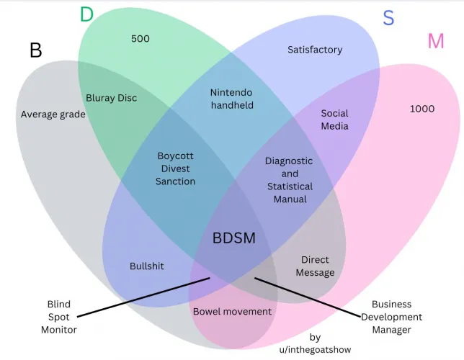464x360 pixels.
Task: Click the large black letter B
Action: point(36,50)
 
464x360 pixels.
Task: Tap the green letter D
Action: point(86,14)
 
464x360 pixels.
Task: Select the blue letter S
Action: point(388,18)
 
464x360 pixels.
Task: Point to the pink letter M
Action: point(436,42)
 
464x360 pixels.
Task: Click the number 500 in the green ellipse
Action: point(140,39)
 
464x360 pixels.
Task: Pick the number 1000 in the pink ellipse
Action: point(421,109)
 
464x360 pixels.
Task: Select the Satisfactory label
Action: point(315,50)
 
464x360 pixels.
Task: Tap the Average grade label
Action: point(53,114)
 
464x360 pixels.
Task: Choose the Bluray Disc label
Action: point(111,98)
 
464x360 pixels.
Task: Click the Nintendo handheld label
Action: point(232,99)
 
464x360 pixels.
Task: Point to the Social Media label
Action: point(334,120)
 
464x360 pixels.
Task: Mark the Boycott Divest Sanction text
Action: point(175,168)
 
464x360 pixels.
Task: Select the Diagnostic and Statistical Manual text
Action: point(290,180)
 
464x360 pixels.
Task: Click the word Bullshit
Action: point(147,266)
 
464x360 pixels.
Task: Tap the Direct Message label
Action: point(315,266)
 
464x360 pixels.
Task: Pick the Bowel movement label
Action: point(232,311)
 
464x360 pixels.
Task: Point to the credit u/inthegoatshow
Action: point(315,344)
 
